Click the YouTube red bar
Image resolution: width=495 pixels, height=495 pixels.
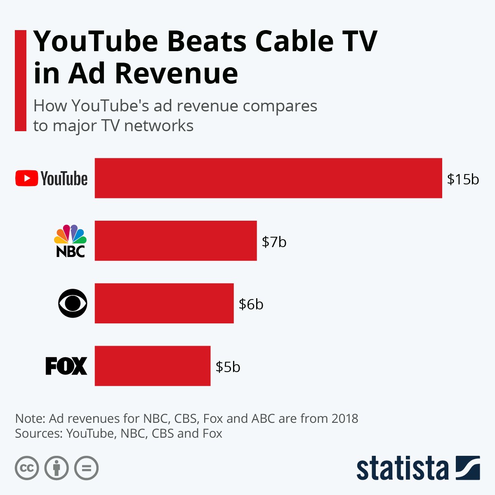[268, 178]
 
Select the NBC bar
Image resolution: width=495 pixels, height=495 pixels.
[176, 240]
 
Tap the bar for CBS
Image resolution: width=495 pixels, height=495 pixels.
[164, 303]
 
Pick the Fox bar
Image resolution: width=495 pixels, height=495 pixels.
[153, 366]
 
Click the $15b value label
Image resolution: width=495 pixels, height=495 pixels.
[463, 179]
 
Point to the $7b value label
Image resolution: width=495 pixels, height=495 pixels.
[274, 242]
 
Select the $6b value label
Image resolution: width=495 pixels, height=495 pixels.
[251, 304]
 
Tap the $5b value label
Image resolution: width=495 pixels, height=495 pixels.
[228, 367]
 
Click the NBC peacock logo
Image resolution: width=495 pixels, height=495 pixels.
[70, 241]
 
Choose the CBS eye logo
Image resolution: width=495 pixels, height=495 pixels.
[73, 303]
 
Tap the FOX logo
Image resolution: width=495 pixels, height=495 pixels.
[66, 366]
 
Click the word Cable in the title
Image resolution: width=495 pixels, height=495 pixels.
[292, 41]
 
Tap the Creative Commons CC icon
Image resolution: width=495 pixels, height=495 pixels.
[27, 468]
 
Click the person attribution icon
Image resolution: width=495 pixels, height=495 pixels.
[57, 468]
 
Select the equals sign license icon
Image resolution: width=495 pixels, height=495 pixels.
[87, 468]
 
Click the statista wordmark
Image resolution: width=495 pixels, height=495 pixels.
[402, 469]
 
